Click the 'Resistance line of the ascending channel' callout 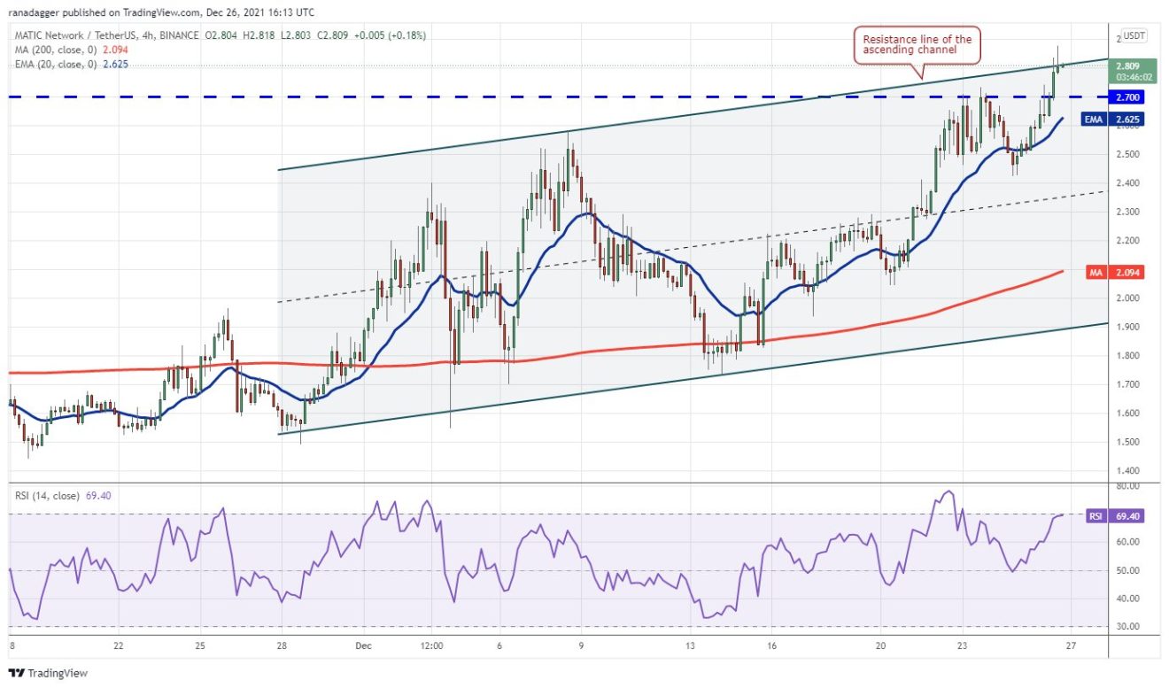(917, 45)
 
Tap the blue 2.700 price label (1127, 97)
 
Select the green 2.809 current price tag (1127, 66)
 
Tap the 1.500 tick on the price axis (1127, 442)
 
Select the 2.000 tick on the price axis (1127, 298)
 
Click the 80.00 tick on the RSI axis (1127, 486)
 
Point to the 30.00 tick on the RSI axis (1127, 627)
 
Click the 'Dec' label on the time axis (364, 645)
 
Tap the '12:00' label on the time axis (432, 645)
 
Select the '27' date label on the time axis (1071, 645)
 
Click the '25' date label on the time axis (199, 645)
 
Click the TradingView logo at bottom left (49, 673)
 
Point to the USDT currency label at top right (1134, 36)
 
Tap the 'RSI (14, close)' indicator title (45, 494)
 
